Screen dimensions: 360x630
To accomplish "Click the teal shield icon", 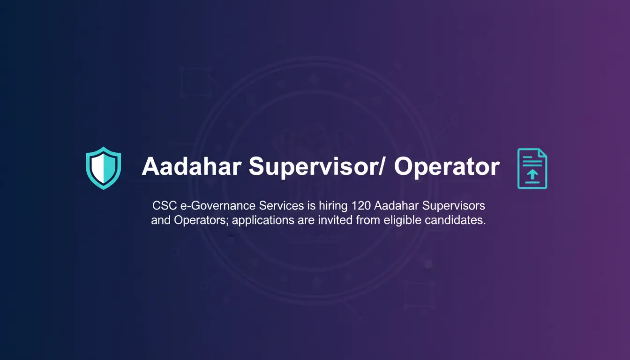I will point(104,168).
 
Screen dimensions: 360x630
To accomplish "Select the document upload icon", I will point(532,168).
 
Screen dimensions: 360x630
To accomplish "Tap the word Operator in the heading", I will point(446,167).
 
